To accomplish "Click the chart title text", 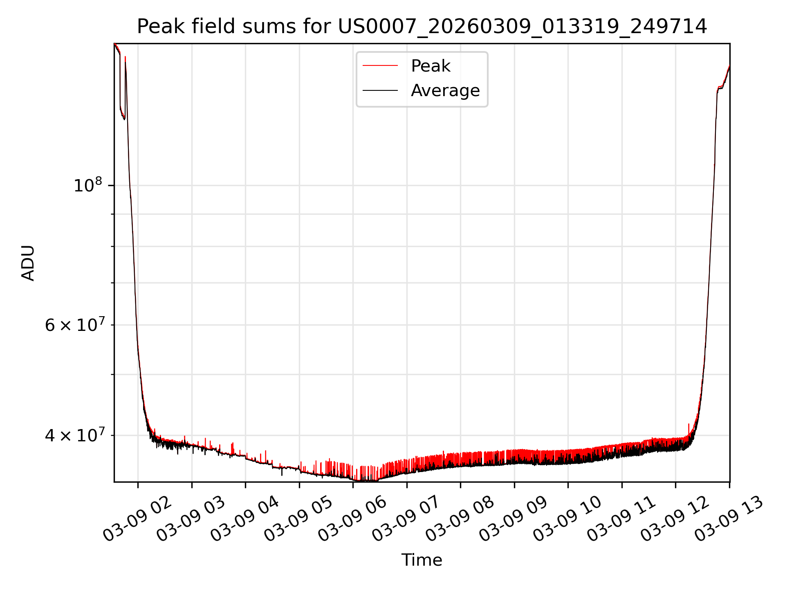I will point(422,27).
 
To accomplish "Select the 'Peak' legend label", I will point(431,66).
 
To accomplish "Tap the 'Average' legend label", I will point(445,90).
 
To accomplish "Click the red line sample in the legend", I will point(380,65).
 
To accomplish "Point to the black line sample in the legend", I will point(380,90).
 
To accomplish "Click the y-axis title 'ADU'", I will point(28,263).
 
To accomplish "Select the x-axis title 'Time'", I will point(422,560).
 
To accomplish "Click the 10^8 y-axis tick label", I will point(87,185).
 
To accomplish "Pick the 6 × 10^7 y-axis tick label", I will point(74,325).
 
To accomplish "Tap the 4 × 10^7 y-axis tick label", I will point(74,435).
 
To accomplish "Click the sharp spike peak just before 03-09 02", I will point(125,57).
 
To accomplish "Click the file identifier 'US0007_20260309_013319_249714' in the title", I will point(522,27).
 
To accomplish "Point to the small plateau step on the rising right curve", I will point(720,88).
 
